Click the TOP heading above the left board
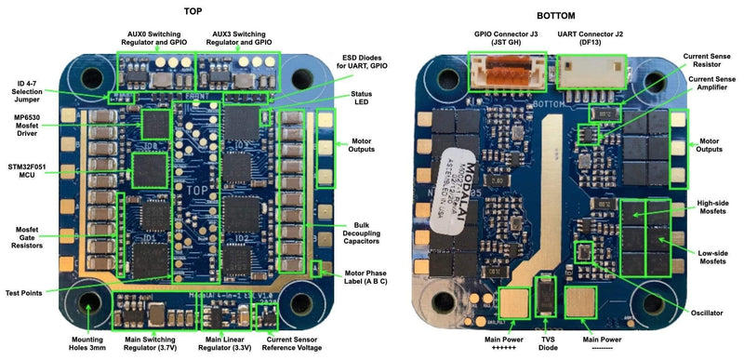coord(193,15)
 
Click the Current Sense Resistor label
coord(708,60)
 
